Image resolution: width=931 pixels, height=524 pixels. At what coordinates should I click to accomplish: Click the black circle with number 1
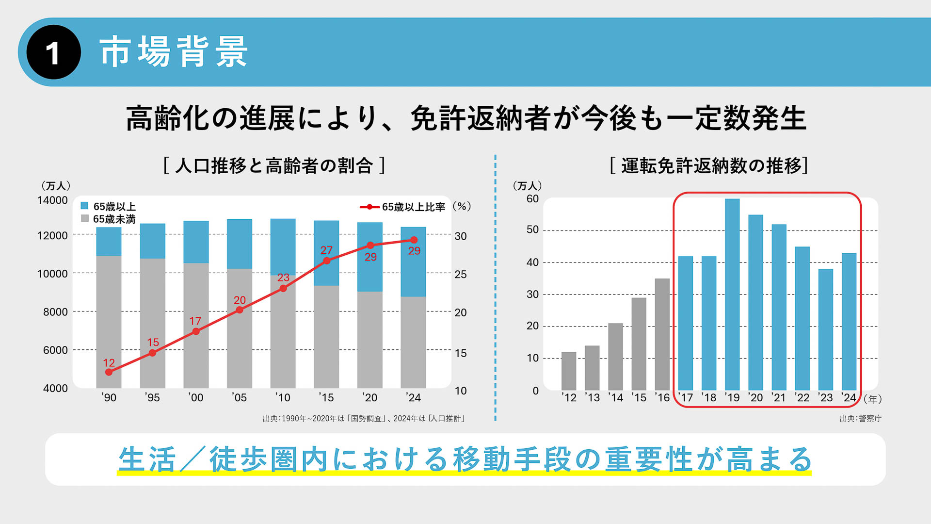53,52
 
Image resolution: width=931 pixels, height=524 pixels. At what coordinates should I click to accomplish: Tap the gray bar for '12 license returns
569,371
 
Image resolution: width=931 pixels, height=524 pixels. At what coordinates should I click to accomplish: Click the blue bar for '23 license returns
826,329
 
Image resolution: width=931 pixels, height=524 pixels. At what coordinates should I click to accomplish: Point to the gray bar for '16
662,334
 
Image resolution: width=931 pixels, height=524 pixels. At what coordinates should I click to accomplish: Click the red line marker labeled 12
109,372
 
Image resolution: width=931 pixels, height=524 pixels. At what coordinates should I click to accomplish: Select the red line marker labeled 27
327,261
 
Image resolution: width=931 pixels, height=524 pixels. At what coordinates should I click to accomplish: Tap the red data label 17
195,321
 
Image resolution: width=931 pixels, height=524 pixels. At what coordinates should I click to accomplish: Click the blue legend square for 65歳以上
84,206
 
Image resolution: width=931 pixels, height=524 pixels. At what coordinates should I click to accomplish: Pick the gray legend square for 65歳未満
84,218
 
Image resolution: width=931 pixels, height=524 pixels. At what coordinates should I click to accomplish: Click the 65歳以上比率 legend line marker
369,207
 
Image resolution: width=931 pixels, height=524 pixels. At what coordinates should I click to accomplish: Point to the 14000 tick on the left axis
52,200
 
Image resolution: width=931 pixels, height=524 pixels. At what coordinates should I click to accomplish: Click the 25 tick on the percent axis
461,275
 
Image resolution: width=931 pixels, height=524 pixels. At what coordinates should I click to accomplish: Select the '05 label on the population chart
239,398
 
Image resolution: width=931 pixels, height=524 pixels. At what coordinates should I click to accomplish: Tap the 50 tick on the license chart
532,229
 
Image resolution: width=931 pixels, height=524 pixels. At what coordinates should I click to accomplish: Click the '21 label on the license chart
778,398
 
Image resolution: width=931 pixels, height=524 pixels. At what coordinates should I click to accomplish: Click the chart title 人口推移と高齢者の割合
274,166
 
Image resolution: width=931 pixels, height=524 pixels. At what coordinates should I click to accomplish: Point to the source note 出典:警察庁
861,418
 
